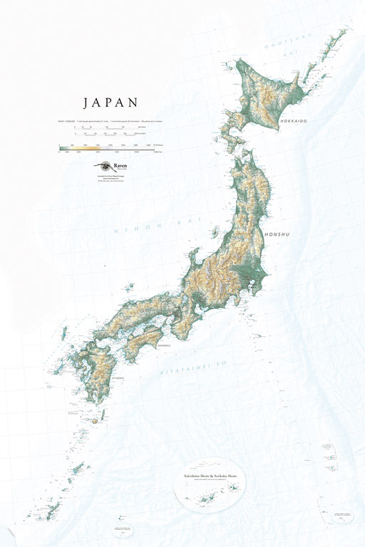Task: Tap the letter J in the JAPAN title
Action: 86,103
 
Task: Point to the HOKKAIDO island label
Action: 293,122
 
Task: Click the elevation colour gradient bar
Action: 107,149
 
